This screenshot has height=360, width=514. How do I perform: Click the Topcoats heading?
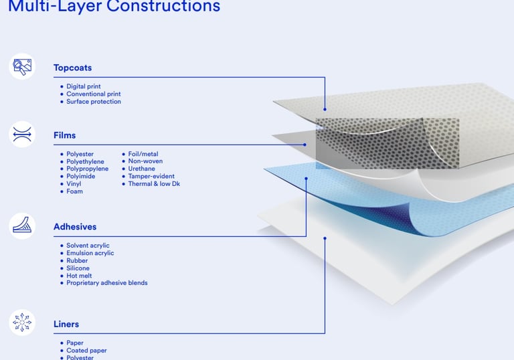click(72, 68)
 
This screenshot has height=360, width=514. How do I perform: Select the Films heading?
click(64, 135)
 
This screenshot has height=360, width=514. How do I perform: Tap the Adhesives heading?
click(75, 227)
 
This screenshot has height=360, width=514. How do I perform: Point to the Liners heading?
click(66, 324)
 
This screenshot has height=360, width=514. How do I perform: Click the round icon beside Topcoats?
click(22, 66)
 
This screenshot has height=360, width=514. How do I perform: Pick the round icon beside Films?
click(22, 134)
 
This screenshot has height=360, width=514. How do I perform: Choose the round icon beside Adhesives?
click(22, 226)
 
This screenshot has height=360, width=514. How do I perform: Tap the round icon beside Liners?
click(22, 323)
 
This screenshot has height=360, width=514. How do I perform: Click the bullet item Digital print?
click(83, 87)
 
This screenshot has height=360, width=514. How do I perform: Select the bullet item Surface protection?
click(93, 102)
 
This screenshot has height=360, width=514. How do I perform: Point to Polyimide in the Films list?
click(80, 177)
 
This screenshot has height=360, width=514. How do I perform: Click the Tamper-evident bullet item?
click(151, 177)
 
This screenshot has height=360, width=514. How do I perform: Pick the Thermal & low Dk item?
click(154, 184)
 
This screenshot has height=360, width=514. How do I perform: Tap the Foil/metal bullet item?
click(143, 155)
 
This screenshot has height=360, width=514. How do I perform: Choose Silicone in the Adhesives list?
click(78, 268)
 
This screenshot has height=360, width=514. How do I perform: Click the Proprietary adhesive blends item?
click(106, 283)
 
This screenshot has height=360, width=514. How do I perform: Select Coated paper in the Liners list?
click(86, 351)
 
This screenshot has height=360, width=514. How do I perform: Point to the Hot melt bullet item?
click(79, 276)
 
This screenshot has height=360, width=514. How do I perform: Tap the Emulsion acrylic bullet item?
click(90, 253)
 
